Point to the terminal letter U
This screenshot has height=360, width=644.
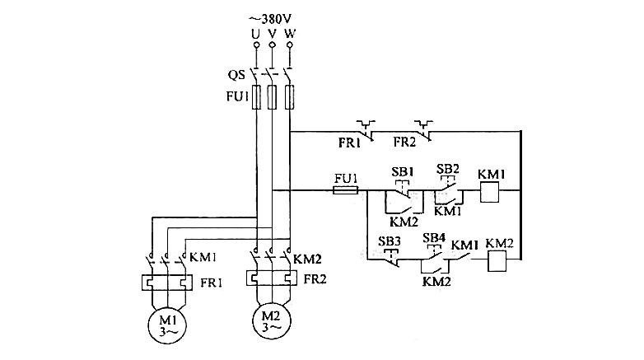256,34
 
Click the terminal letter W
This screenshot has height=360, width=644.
289,34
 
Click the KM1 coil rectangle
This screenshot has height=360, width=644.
491,192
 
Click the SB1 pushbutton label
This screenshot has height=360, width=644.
399,171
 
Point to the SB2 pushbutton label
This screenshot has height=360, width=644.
448,168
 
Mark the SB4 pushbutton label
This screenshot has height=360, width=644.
434,238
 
